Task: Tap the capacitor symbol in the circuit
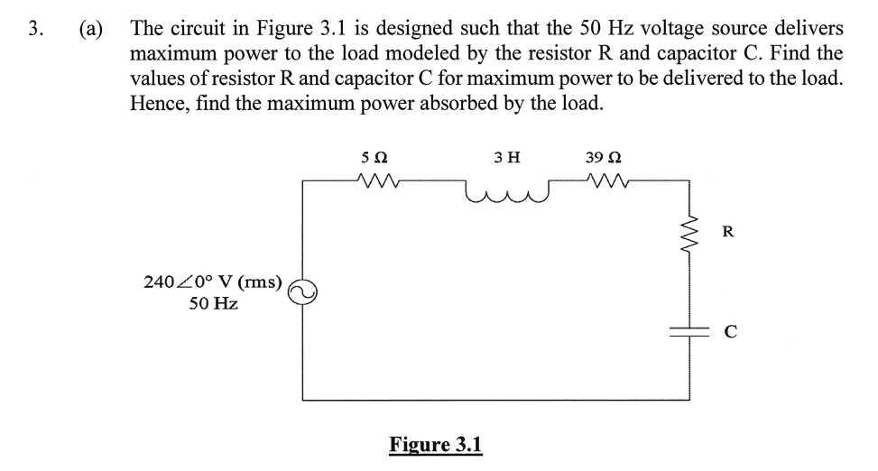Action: click(690, 331)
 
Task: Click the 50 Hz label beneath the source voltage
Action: click(213, 304)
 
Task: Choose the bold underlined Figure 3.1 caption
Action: click(436, 444)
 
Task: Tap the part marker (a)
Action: click(90, 27)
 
